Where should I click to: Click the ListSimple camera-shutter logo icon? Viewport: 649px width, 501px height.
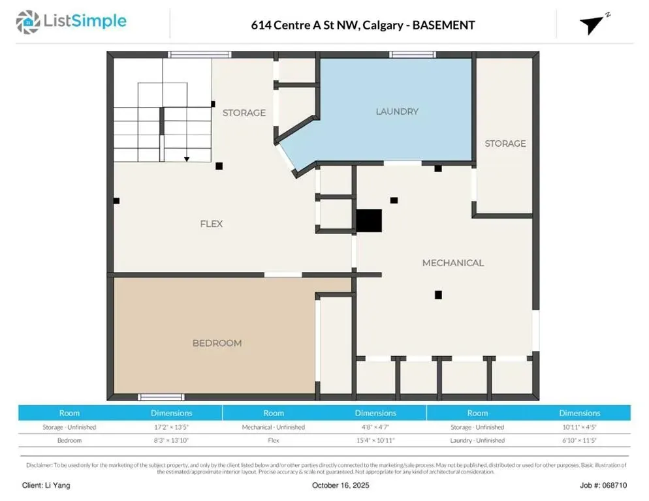[x=27, y=22]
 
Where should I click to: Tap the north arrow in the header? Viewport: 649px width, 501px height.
[x=592, y=24]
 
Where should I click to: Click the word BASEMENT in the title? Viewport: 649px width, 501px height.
[x=444, y=25]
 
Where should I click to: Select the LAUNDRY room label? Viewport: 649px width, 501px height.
[x=397, y=112]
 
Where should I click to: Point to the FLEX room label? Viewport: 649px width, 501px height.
[x=212, y=224]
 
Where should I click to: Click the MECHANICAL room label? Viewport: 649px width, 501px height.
[x=453, y=263]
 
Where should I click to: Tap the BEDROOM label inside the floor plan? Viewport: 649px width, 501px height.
[x=217, y=343]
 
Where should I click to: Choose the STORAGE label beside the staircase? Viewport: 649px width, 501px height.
[x=244, y=113]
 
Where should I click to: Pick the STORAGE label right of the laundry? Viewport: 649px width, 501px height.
[x=505, y=144]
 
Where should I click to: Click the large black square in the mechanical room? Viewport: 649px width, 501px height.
[x=369, y=220]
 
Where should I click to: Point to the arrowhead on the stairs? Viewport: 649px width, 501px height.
[x=187, y=159]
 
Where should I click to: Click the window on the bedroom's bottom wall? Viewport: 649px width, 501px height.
[x=161, y=397]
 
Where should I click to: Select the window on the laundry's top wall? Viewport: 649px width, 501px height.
[x=412, y=55]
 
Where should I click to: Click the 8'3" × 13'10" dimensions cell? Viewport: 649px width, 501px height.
[x=171, y=440]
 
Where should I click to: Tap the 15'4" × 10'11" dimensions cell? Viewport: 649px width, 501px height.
[x=375, y=440]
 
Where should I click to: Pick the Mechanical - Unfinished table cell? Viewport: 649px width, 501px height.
[x=274, y=427]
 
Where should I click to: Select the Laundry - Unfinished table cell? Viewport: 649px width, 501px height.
[x=477, y=440]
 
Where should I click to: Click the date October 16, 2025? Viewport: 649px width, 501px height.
[x=341, y=485]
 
